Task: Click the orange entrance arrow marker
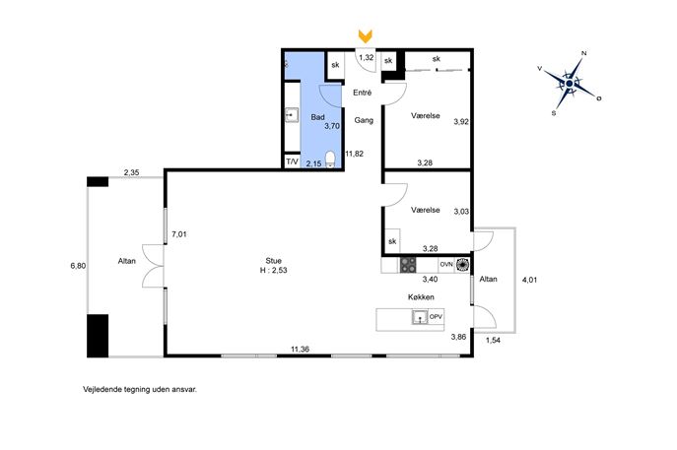(x=366, y=36)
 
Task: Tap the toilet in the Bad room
(x=330, y=159)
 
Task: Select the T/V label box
(x=293, y=161)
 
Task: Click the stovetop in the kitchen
(x=408, y=265)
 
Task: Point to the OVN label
(x=446, y=264)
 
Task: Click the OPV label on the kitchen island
(x=437, y=317)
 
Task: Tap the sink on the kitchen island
(x=420, y=317)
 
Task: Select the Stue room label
(x=273, y=261)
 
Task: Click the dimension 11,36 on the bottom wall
(x=300, y=350)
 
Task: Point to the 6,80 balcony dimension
(x=78, y=266)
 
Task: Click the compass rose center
(x=569, y=84)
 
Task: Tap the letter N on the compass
(x=584, y=53)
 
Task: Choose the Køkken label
(x=421, y=296)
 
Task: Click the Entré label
(x=363, y=93)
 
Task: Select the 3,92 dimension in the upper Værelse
(x=461, y=122)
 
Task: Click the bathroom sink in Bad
(x=292, y=115)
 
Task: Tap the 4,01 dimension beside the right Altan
(x=530, y=280)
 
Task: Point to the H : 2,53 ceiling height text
(x=273, y=271)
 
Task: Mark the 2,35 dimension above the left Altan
(x=132, y=172)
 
